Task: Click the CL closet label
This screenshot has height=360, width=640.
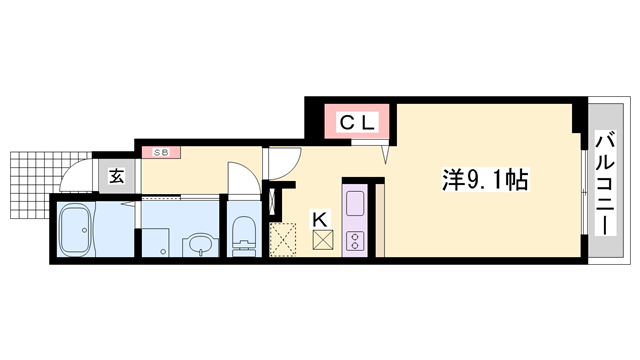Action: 358,123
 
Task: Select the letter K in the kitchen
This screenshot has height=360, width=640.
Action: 322,217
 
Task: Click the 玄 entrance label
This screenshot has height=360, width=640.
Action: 116,177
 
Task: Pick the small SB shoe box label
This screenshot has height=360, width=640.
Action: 159,152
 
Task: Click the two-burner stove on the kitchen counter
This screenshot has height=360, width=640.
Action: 355,240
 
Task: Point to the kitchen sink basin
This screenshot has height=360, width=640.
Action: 356,204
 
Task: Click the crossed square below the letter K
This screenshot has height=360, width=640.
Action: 322,240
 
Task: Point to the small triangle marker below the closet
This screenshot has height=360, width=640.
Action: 385,154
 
